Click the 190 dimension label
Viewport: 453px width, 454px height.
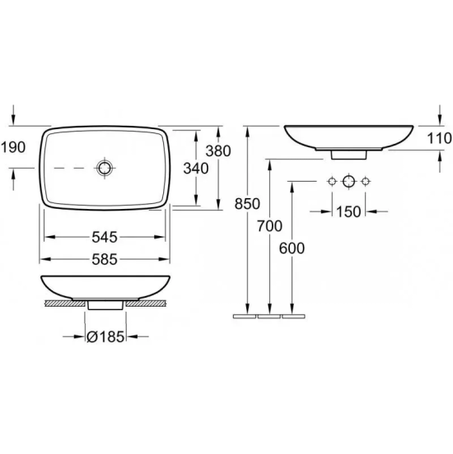[13, 147]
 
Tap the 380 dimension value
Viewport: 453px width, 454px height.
[218, 151]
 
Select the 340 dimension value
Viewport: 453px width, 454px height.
[196, 169]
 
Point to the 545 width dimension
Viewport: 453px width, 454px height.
[105, 237]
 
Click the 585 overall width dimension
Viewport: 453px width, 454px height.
[105, 259]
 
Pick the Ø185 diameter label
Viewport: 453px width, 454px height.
[105, 336]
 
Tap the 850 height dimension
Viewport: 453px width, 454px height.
[247, 203]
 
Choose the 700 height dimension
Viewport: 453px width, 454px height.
[269, 226]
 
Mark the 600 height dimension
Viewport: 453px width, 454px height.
[292, 248]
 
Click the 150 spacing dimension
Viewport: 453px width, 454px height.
[348, 211]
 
